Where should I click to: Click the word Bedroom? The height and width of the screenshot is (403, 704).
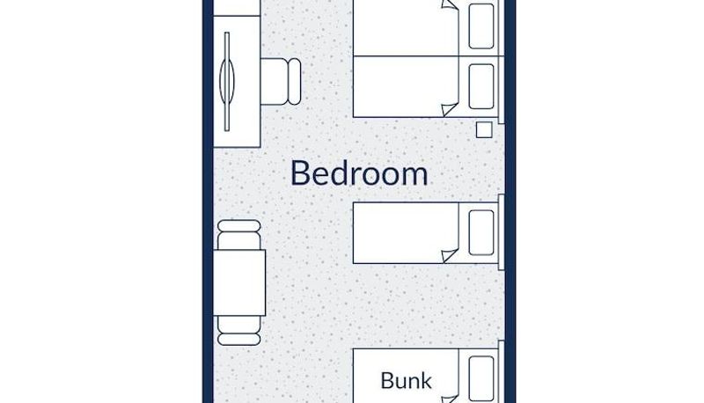[359, 173]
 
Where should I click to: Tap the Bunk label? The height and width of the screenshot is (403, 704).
[406, 380]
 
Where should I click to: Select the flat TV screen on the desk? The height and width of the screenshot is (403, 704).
[227, 82]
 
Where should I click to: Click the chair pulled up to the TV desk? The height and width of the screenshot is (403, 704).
[281, 82]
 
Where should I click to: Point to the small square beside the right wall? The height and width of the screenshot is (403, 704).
[484, 130]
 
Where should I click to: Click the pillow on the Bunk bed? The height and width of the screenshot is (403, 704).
[481, 378]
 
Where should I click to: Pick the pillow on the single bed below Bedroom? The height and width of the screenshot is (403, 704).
[481, 232]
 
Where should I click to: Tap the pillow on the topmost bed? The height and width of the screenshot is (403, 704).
[481, 26]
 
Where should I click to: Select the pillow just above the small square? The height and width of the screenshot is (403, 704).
[481, 86]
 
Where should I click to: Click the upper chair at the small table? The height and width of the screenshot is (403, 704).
[238, 234]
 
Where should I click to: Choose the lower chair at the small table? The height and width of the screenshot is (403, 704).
[238, 330]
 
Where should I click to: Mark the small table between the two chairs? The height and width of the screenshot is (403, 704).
[239, 282]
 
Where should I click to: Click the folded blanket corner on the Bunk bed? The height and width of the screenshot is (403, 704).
[451, 399]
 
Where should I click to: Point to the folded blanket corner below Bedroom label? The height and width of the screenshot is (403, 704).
[451, 255]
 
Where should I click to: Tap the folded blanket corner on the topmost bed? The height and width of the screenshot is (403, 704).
[451, 5]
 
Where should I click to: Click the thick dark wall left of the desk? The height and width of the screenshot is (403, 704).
[208, 201]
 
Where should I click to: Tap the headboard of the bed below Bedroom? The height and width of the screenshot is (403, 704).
[501, 232]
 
